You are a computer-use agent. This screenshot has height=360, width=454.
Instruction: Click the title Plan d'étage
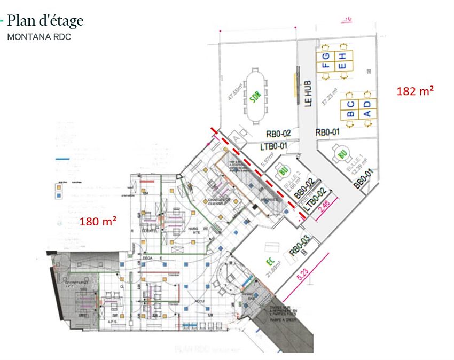(45, 21)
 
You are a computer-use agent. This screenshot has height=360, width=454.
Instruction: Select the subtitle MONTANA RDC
(38, 37)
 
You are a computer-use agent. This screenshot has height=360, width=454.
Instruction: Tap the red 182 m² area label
(414, 91)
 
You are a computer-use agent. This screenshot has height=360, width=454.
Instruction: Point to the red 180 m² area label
(98, 221)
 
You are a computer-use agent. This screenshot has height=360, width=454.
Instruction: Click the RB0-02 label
(278, 134)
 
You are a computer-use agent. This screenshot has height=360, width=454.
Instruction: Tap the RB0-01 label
(327, 132)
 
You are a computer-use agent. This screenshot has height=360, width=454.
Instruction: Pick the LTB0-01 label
(273, 145)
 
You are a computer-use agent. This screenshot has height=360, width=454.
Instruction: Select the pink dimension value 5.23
(303, 275)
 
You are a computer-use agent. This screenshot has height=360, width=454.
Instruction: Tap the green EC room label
(270, 262)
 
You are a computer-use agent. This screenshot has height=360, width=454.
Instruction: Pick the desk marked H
(343, 56)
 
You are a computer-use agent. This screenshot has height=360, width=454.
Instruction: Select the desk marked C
(351, 104)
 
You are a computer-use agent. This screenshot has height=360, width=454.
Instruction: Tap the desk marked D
(367, 104)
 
